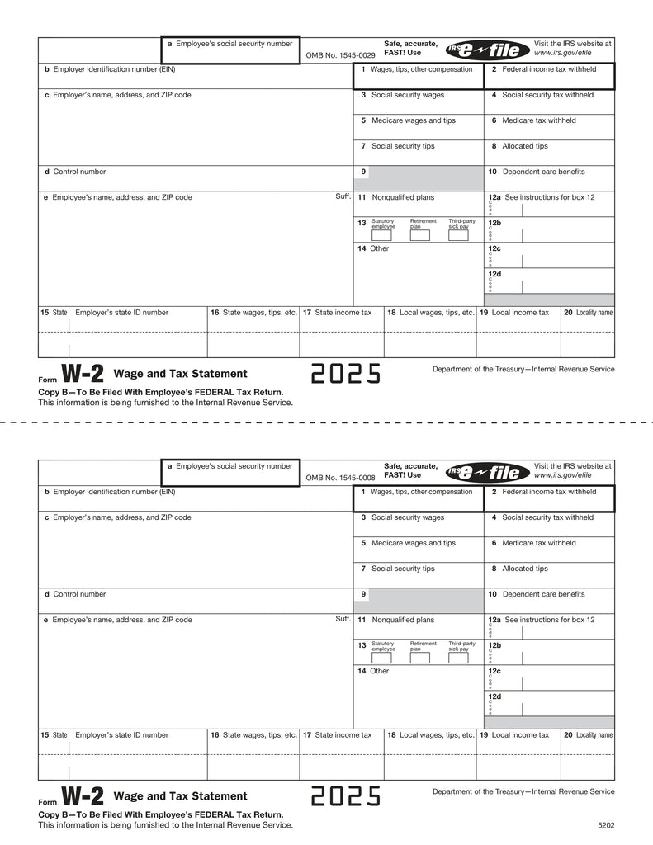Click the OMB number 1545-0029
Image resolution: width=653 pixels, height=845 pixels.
pos(340,54)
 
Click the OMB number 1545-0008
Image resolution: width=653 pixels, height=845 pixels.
pos(340,477)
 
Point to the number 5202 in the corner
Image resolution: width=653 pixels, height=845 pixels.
pos(607,824)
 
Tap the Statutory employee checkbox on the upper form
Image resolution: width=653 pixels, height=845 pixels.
pos(381,235)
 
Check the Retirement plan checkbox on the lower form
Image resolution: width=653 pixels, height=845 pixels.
pos(420,658)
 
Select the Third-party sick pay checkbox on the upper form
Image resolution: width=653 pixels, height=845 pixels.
pos(458,235)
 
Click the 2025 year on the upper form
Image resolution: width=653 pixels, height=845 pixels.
pos(346,375)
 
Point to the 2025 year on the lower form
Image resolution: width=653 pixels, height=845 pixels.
pos(346,796)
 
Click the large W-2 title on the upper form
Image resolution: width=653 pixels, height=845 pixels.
pos(83,375)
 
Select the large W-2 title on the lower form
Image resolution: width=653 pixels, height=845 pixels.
pos(83,796)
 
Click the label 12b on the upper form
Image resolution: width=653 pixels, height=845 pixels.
pos(494,223)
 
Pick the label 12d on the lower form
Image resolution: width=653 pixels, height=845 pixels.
pos(494,696)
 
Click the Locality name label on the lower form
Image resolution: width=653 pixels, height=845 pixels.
pos(594,734)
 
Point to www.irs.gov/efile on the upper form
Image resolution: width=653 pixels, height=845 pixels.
pos(562,53)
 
